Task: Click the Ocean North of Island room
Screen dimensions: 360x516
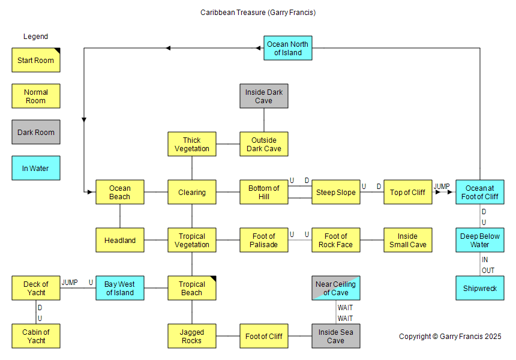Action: [288, 48]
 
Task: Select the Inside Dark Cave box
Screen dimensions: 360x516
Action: [264, 96]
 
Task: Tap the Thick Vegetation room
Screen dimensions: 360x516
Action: [192, 144]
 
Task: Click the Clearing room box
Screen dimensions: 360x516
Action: [192, 192]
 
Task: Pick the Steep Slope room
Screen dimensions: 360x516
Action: [336, 192]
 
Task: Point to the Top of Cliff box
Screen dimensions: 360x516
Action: [408, 192]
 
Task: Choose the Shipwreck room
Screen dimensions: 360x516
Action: [480, 288]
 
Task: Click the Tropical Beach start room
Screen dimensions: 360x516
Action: [192, 288]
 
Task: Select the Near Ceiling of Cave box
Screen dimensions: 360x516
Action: [336, 288]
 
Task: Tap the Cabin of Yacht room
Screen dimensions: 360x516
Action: [36, 336]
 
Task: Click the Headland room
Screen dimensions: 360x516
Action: [120, 240]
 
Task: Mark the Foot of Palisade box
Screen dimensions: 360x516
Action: [264, 240]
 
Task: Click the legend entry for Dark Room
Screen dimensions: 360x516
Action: [36, 132]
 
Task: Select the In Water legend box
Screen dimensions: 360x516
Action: [36, 168]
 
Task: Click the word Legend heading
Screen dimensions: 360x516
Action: [35, 37]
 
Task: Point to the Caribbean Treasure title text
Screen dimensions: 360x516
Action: [258, 12]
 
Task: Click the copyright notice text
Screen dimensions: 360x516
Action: [450, 337]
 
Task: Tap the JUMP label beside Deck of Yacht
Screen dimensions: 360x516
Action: [70, 283]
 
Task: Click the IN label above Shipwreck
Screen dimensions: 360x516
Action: [484, 260]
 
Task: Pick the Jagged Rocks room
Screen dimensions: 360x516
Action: [192, 336]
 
